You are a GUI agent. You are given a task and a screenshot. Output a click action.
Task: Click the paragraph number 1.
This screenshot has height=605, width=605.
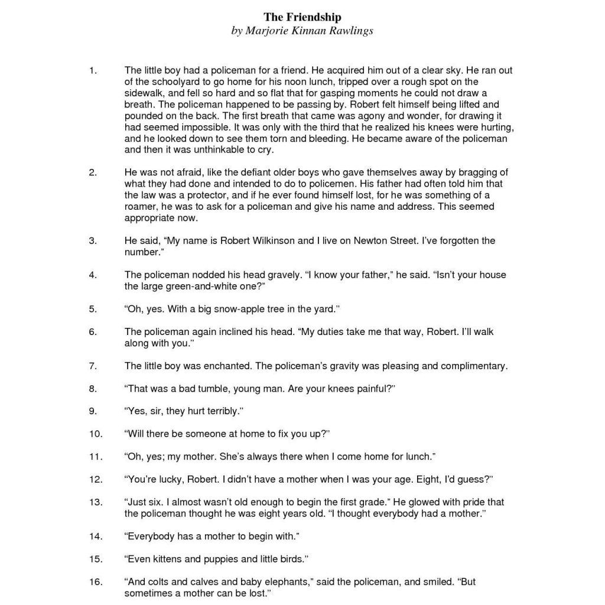92,71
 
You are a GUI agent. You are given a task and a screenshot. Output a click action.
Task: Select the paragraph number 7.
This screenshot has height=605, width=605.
93,366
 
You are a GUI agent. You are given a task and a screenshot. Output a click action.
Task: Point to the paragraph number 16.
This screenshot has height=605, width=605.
96,582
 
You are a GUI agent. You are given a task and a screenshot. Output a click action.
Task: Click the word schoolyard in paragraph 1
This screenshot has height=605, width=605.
175,82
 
